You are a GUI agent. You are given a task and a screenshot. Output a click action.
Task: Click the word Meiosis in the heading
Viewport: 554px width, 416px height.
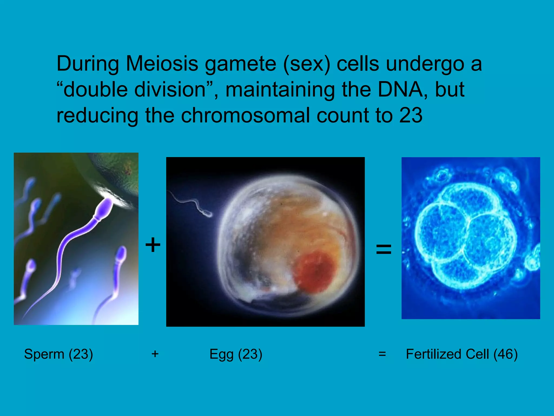click(162, 64)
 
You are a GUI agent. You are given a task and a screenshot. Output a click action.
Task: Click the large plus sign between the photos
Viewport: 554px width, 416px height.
click(153, 244)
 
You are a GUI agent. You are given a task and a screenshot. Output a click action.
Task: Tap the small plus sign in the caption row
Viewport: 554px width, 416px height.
click(155, 354)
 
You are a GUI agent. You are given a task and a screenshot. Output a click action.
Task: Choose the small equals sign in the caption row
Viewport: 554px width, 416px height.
click(382, 354)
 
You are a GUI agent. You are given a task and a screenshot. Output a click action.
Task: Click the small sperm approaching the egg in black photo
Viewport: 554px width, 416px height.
click(208, 214)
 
